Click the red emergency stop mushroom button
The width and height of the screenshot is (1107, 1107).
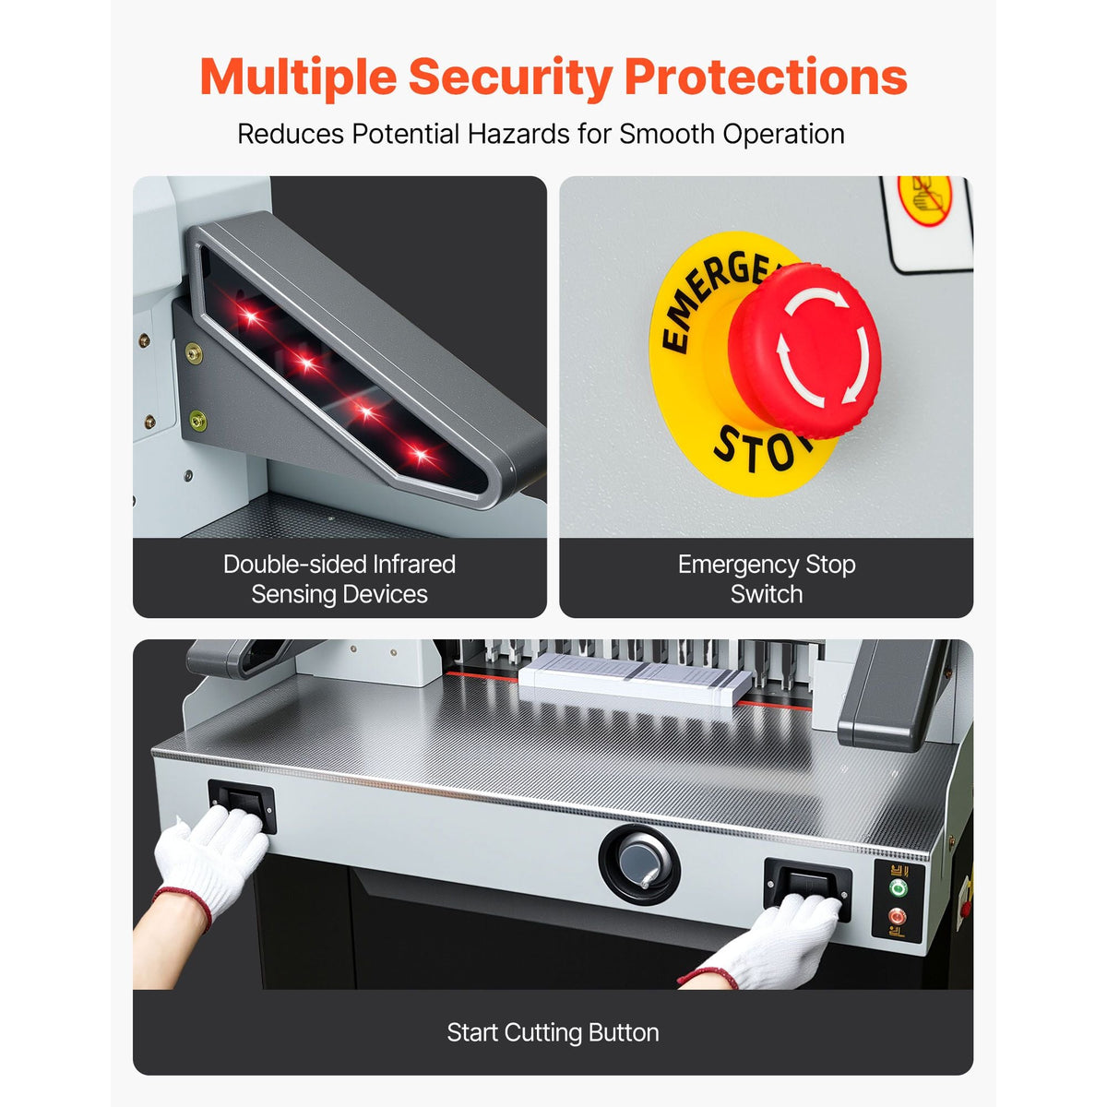point(804,350)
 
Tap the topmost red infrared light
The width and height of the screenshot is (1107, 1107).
point(251,315)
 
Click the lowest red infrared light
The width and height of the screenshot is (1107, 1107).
point(421,456)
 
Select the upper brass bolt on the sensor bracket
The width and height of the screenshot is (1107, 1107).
point(194,352)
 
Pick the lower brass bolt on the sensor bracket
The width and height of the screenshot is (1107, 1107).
point(197,421)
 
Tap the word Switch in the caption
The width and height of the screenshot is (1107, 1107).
point(767,594)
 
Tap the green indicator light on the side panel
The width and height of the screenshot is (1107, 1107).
point(898,888)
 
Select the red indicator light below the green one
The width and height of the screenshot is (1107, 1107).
point(896,916)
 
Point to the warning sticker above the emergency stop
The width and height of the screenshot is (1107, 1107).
point(926,224)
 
